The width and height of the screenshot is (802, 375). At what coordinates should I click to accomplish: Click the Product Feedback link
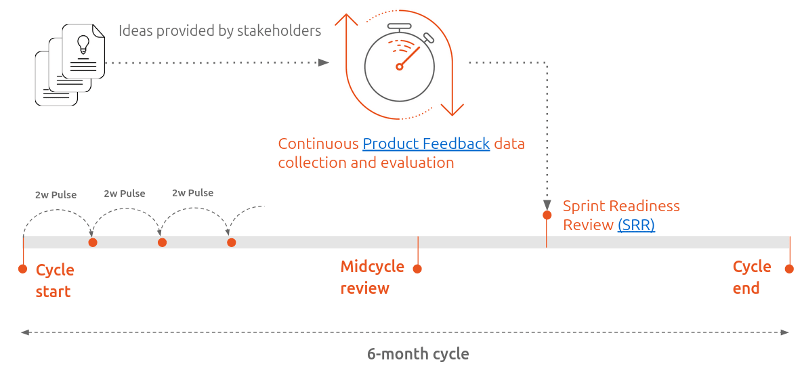point(426,144)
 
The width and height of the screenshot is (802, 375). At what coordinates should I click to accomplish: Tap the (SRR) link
point(636,225)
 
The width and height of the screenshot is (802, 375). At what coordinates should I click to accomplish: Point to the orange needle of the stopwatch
point(408,57)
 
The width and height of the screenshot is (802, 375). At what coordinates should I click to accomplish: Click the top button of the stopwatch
point(400,27)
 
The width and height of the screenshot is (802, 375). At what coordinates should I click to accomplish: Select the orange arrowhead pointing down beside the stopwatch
point(452,110)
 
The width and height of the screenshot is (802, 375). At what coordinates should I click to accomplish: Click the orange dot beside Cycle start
point(23,269)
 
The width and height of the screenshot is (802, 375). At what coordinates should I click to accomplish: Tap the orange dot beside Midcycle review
point(417,269)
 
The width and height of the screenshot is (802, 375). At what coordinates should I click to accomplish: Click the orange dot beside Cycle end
point(789,269)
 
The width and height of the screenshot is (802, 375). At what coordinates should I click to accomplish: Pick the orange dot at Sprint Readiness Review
point(547,215)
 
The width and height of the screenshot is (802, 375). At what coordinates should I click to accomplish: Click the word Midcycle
point(372,267)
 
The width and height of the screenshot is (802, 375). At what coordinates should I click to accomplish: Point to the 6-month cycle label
point(418,354)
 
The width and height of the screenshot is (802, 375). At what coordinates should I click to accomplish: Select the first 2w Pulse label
point(56,195)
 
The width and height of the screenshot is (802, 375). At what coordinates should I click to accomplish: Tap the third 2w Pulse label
point(192,193)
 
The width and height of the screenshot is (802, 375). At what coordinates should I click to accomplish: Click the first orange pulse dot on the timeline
point(93,242)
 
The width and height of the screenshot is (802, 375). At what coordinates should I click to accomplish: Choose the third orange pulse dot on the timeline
point(231,242)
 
